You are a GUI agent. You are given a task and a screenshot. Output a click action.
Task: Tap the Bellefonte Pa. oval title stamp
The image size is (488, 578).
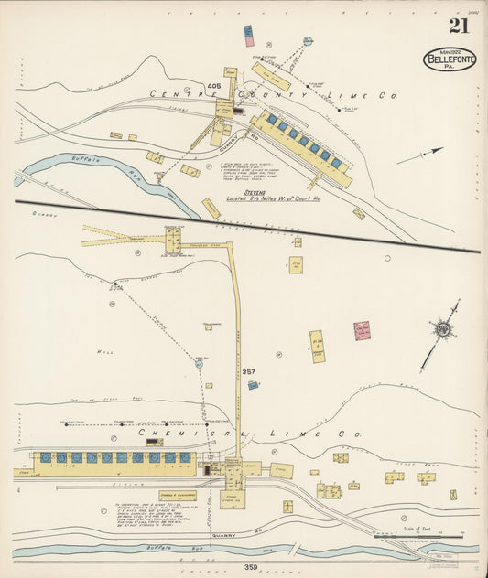[x=449, y=59]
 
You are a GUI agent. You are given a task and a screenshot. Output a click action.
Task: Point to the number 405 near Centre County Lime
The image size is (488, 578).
[x=214, y=86]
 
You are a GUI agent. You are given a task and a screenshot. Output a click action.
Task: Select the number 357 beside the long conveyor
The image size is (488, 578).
[x=248, y=372]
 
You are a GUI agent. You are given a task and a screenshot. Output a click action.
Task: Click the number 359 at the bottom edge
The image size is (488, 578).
[x=224, y=567]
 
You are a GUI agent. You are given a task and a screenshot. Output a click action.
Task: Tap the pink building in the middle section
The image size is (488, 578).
[x=362, y=331]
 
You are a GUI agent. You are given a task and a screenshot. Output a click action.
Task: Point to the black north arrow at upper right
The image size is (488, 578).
[x=420, y=155]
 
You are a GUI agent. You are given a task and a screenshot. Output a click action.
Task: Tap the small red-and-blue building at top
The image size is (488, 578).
[x=248, y=35]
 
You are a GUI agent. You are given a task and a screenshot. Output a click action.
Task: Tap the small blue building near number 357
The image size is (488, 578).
[x=252, y=385]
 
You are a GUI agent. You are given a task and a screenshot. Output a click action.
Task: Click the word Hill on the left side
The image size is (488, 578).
[x=103, y=350]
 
